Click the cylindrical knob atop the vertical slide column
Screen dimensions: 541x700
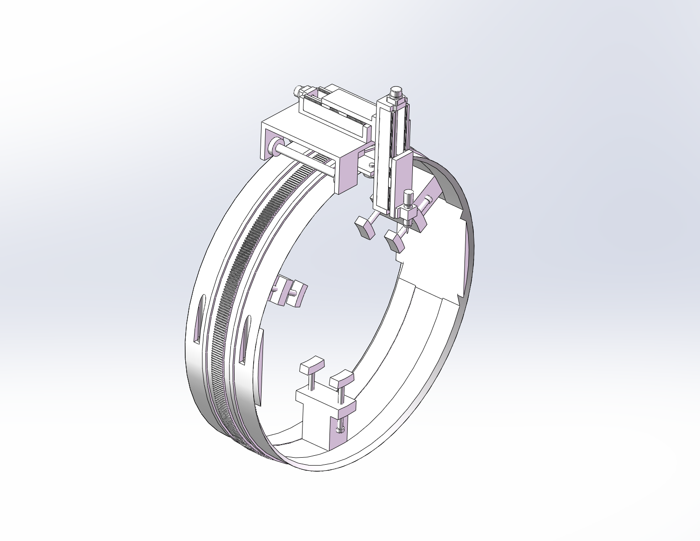(x=396, y=91)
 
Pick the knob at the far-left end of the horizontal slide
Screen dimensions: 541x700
(x=298, y=90)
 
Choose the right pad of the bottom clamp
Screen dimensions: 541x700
(x=342, y=378)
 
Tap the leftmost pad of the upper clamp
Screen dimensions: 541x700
(x=363, y=228)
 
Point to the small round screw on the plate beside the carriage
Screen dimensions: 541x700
(x=371, y=164)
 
